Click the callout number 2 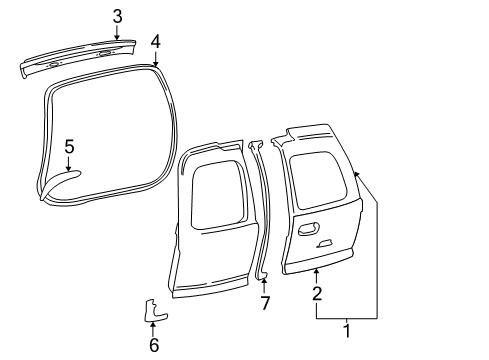(x=316, y=294)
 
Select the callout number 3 (x=117, y=16)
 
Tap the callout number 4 (x=155, y=41)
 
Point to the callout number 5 (x=69, y=147)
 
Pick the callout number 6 (x=154, y=345)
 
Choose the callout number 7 (x=265, y=303)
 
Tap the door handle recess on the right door (x=310, y=231)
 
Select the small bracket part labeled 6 (x=154, y=312)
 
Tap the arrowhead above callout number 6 (x=154, y=325)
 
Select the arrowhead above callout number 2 (x=316, y=271)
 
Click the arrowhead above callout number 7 (x=265, y=283)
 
